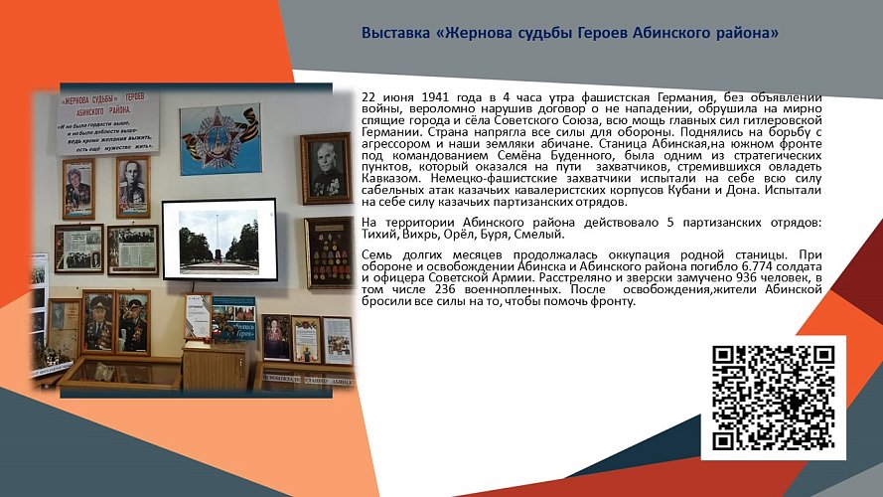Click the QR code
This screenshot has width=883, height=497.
(773, 398)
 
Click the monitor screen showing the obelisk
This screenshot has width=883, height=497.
(219, 239)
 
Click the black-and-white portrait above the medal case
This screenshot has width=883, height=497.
(326, 168)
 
